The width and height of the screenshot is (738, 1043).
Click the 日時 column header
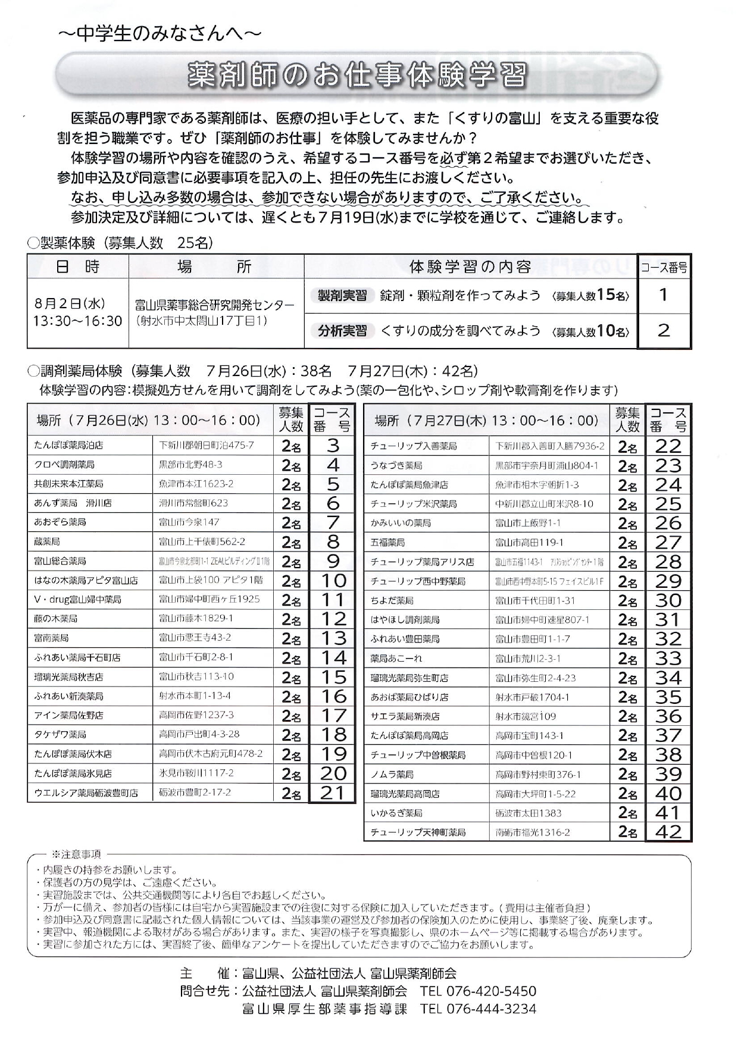pos(78,267)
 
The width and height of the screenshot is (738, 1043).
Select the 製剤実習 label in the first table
pos(342,295)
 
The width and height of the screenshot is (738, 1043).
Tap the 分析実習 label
pos(342,331)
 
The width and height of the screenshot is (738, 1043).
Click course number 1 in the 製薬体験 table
pos(664,295)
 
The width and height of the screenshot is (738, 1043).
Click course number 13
pos(333,638)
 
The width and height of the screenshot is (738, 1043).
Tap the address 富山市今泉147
pos(189,522)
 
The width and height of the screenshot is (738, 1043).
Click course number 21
pos(333,793)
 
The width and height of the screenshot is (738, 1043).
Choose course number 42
pos(668,832)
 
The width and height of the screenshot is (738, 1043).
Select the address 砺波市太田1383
pos(529,813)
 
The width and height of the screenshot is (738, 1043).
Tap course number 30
pos(668,600)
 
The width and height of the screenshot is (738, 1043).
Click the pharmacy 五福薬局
pos(387,543)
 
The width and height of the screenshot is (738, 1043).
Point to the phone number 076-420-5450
pos(490,991)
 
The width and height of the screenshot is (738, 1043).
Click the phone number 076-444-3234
pos(490,1009)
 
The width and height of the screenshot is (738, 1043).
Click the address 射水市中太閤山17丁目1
pos(202,321)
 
